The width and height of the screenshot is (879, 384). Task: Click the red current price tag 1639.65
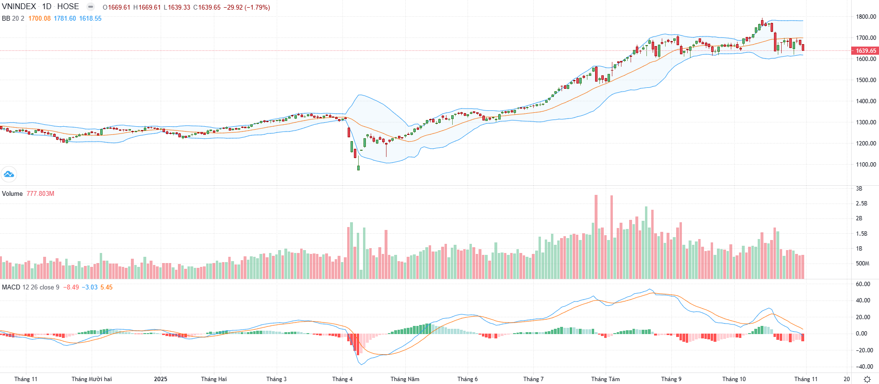(865, 50)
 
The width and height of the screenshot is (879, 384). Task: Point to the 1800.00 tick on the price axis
(866, 16)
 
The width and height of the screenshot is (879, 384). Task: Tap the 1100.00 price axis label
(866, 164)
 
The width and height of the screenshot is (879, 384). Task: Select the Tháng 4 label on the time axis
(342, 379)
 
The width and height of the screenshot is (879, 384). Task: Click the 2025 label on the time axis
(161, 379)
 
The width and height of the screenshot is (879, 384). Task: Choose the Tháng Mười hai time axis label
(92, 379)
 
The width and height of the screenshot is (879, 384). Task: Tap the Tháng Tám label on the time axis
(605, 379)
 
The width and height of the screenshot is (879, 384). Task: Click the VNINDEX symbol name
(19, 7)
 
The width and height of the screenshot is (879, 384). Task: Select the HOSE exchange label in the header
(68, 7)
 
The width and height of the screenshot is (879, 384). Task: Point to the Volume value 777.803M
(40, 193)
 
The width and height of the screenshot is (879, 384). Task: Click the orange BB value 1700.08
(39, 18)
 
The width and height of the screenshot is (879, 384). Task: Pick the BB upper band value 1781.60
(65, 18)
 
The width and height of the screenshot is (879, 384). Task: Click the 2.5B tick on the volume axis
(862, 203)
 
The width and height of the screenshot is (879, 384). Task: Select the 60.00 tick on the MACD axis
(863, 284)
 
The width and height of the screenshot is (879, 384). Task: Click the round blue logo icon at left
(9, 174)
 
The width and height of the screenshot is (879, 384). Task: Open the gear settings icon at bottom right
(867, 379)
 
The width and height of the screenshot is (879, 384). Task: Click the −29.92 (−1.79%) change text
(246, 7)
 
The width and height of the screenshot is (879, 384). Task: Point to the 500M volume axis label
(863, 263)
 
